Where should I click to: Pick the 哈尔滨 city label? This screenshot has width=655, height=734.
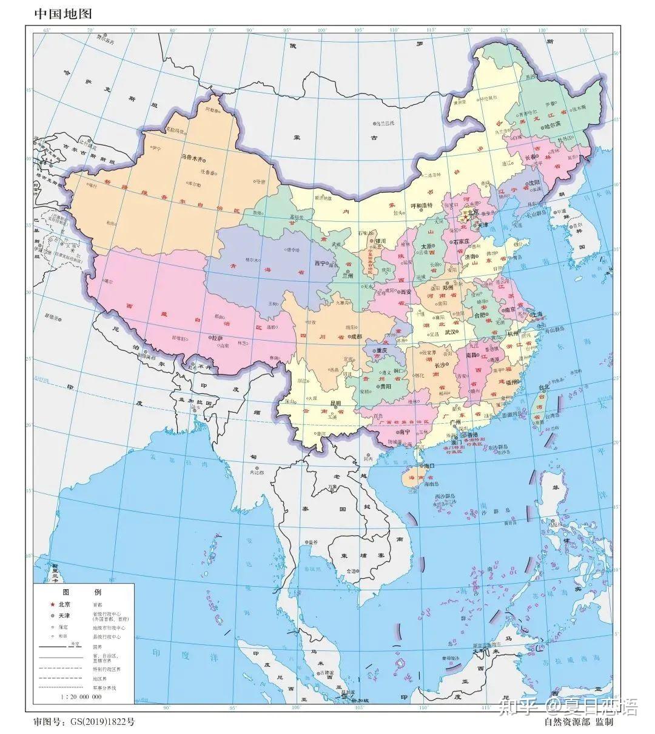(553, 126)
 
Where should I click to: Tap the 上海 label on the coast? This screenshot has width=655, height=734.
(537, 315)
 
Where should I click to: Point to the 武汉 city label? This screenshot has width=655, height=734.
(451, 332)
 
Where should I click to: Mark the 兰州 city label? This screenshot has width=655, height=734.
(348, 276)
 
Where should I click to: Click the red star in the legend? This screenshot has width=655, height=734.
(53, 604)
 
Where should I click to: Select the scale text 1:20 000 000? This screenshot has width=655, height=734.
(81, 697)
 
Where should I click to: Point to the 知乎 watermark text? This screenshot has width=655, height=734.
(525, 706)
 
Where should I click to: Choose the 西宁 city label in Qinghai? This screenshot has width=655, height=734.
(320, 264)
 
